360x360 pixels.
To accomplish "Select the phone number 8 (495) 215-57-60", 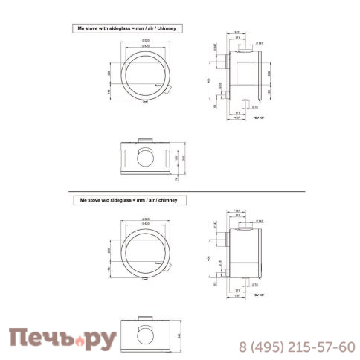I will [296, 347].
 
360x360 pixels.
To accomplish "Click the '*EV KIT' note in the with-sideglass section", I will [258, 119].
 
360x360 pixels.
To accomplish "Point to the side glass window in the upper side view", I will [249, 72].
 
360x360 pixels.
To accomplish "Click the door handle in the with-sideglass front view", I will [170, 90].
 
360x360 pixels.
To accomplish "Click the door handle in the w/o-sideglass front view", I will [170, 266].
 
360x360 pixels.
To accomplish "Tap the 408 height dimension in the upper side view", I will [210, 82].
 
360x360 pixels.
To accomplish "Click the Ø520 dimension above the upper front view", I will [145, 39].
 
